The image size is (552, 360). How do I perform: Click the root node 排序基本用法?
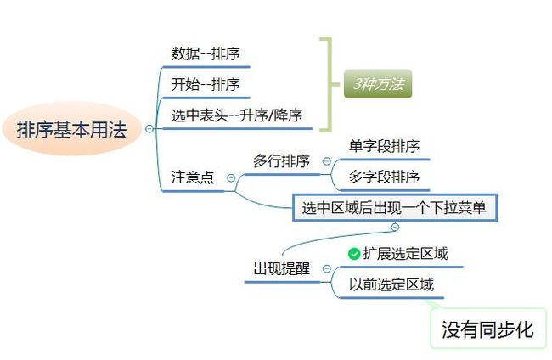71,129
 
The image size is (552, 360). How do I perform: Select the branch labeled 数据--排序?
206,53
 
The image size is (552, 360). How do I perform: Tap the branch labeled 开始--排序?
206,84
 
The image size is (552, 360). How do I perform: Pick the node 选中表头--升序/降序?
237,115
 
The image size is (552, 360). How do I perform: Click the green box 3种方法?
378,84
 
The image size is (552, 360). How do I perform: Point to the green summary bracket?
330,84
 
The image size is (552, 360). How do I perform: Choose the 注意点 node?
193,177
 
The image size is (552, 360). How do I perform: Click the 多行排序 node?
281,160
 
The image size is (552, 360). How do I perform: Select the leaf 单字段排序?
385,146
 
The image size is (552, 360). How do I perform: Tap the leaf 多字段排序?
385,177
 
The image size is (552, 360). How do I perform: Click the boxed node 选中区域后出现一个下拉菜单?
395,208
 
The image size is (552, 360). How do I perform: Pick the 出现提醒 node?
282,268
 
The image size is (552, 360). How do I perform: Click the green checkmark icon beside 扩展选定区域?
354,254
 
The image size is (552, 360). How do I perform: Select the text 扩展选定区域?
406,253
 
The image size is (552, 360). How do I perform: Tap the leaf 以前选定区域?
391,284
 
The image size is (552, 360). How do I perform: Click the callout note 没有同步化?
487,329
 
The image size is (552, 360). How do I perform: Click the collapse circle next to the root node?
149,129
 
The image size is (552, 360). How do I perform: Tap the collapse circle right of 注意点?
231,177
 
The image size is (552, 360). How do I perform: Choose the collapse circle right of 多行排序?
327,161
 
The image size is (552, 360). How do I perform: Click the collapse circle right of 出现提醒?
327,269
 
